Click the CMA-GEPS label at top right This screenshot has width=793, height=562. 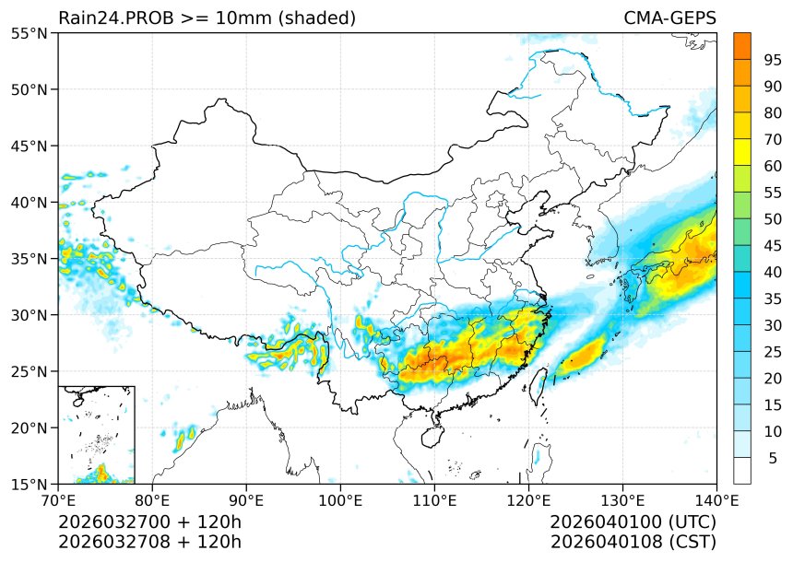669,18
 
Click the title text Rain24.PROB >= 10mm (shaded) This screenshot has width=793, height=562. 207,18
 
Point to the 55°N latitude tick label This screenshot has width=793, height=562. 30,34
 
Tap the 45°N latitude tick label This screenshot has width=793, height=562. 30,146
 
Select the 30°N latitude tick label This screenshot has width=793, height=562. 30,315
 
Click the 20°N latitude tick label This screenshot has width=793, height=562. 30,428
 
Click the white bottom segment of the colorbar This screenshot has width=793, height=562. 741,471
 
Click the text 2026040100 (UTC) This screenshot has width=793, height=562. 633,521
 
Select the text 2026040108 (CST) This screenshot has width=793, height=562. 633,541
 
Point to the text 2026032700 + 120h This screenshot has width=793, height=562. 149,521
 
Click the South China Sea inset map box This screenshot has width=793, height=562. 96,434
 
